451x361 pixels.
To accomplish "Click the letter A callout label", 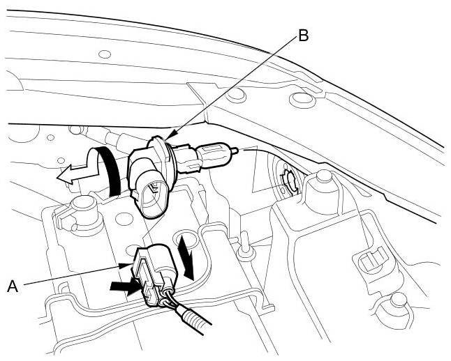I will click(x=12, y=284).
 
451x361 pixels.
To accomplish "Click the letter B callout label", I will click(x=302, y=36).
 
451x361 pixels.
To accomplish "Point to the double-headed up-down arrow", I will click(x=186, y=255).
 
